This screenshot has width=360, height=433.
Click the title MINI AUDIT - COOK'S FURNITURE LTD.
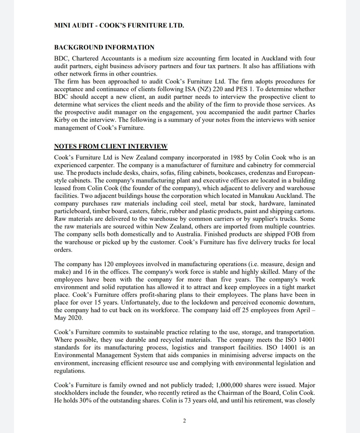(x=119, y=25)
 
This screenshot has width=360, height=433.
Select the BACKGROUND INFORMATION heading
(x=104, y=47)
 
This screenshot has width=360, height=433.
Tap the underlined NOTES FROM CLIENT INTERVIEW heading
(x=111, y=146)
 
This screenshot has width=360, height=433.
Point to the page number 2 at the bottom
(x=184, y=421)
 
